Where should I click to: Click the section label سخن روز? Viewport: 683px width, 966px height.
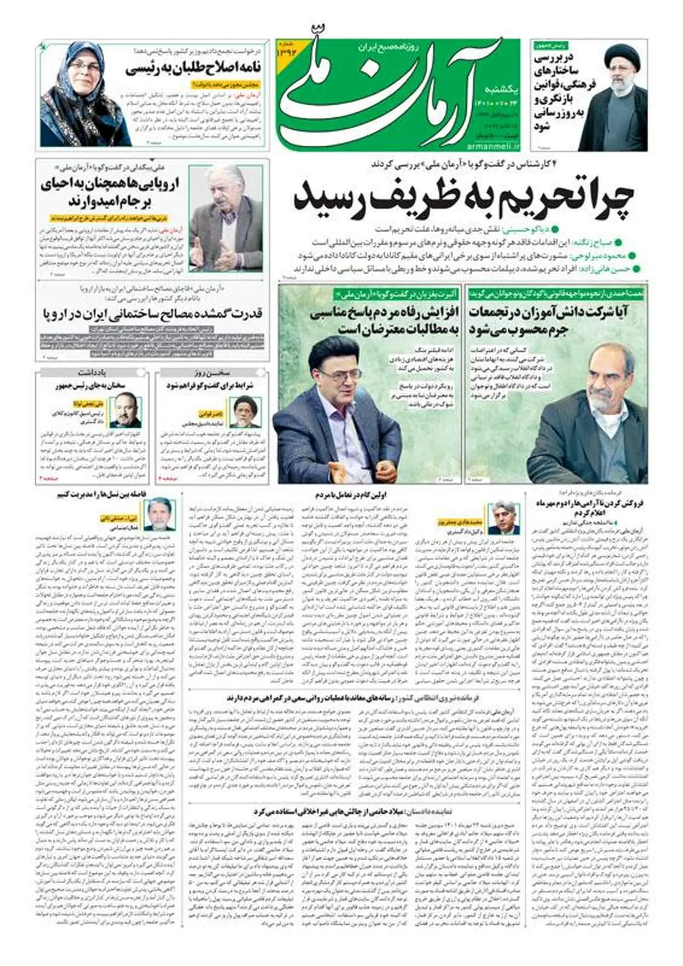[x=212, y=374]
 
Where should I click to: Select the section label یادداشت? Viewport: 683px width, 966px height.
[x=91, y=374]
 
